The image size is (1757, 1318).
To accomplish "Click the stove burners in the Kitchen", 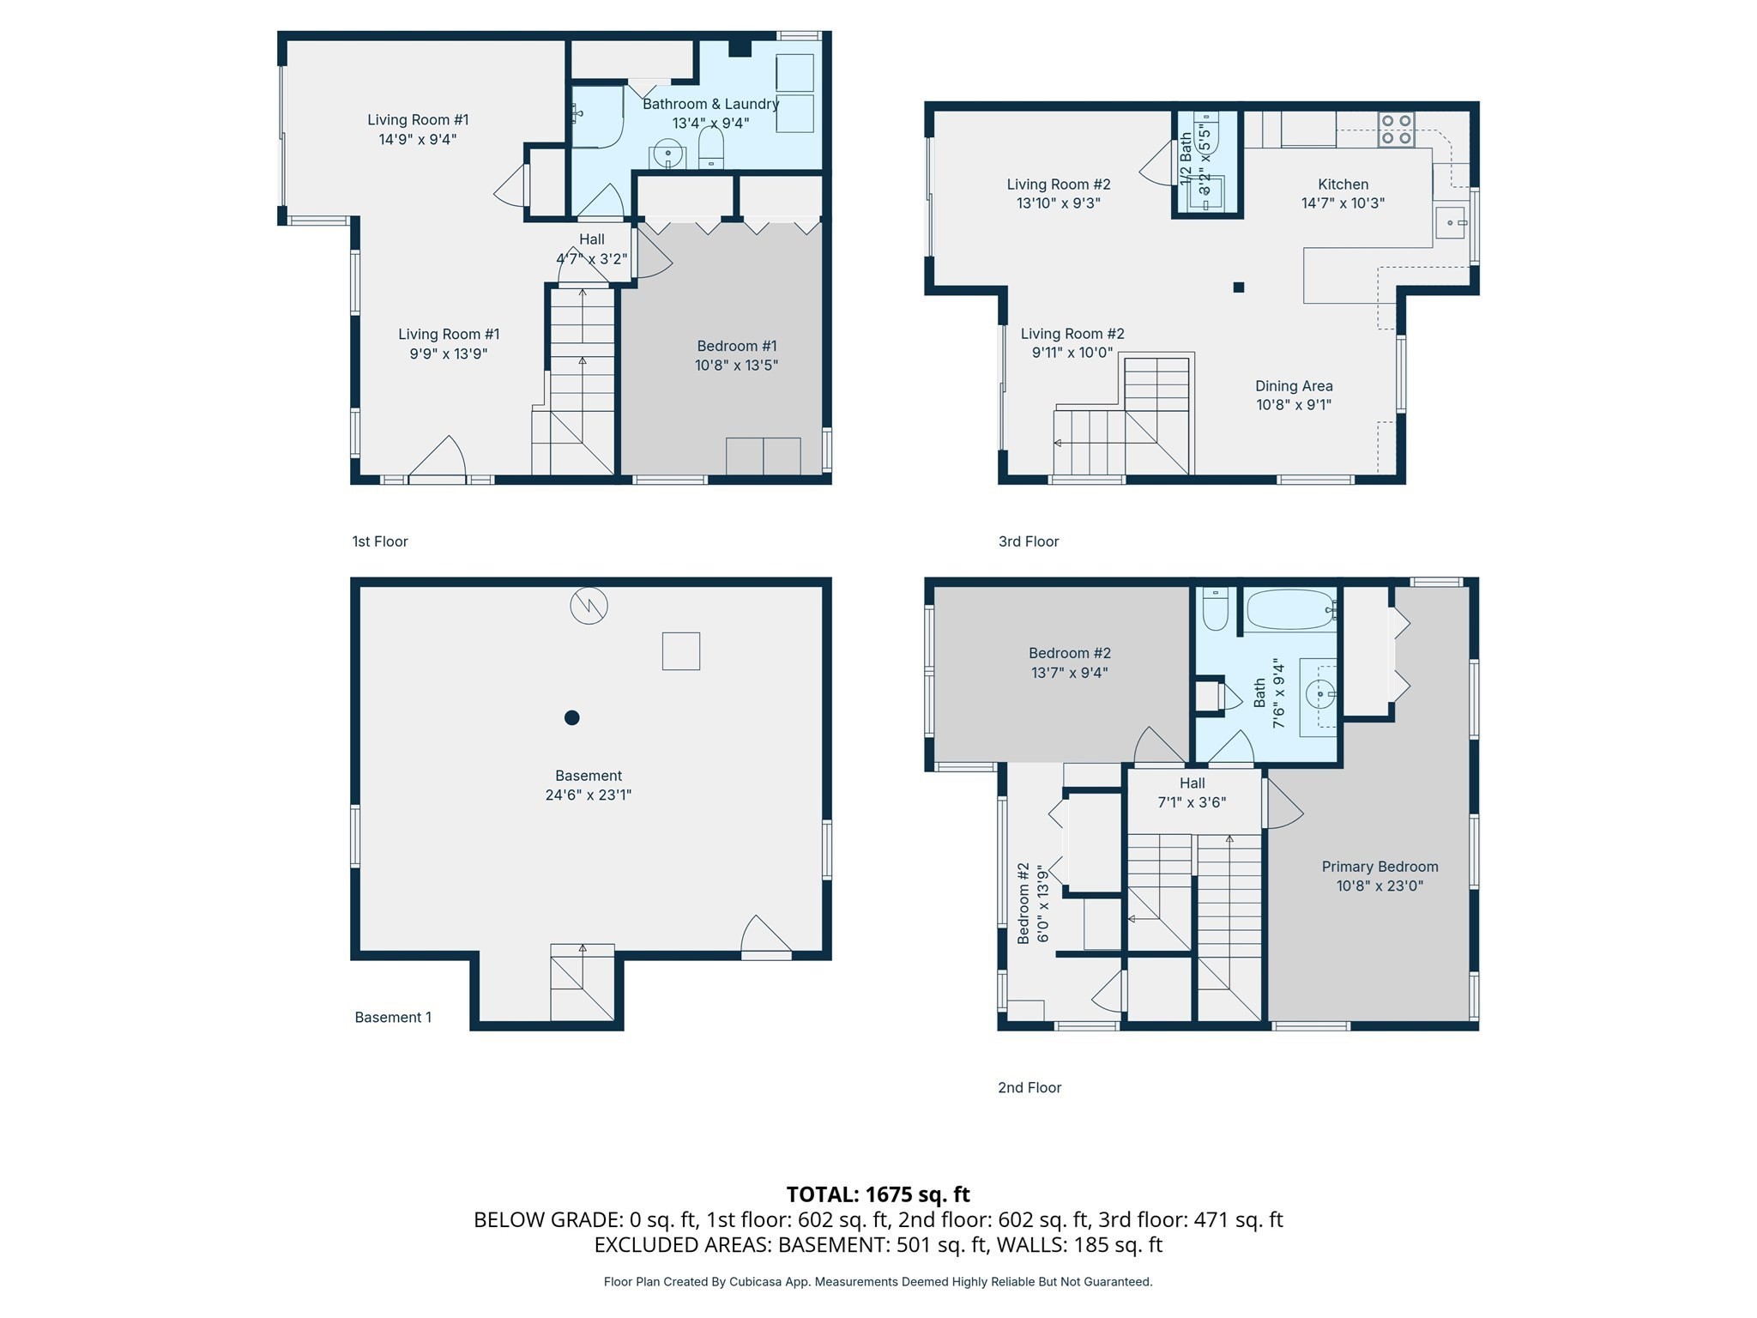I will click(x=1396, y=130).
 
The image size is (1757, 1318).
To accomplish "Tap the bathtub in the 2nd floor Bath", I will click(x=1289, y=610).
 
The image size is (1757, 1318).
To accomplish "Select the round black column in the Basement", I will click(x=572, y=717).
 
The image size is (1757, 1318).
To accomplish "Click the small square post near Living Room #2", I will click(x=1238, y=287).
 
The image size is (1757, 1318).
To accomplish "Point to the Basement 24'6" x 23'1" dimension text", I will click(x=589, y=795).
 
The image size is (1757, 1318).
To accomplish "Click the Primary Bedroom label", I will click(x=1380, y=867).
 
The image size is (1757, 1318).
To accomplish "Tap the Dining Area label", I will click(x=1294, y=386).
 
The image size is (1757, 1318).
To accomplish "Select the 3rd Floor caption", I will click(x=1028, y=541).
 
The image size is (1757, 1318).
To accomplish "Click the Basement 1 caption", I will click(x=393, y=1018).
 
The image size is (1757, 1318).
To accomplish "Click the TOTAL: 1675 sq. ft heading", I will click(x=878, y=1194).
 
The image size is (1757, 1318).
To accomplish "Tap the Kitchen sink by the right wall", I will click(x=1451, y=223).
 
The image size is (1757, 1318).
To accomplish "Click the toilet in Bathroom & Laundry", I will click(x=711, y=150).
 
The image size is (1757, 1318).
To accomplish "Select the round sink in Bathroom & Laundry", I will click(x=667, y=155).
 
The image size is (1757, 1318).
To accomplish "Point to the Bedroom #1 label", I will click(x=737, y=346).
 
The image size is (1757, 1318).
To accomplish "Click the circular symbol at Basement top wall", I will click(x=589, y=606).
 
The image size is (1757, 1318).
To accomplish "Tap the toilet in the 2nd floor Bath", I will click(x=1215, y=609).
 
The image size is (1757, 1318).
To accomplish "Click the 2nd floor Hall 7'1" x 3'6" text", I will click(x=1192, y=802).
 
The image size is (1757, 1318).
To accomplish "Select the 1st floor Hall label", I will click(x=591, y=239).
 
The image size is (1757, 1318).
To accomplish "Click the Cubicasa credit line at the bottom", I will click(x=878, y=1282).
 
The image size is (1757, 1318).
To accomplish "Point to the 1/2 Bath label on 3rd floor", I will click(x=1186, y=159).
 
